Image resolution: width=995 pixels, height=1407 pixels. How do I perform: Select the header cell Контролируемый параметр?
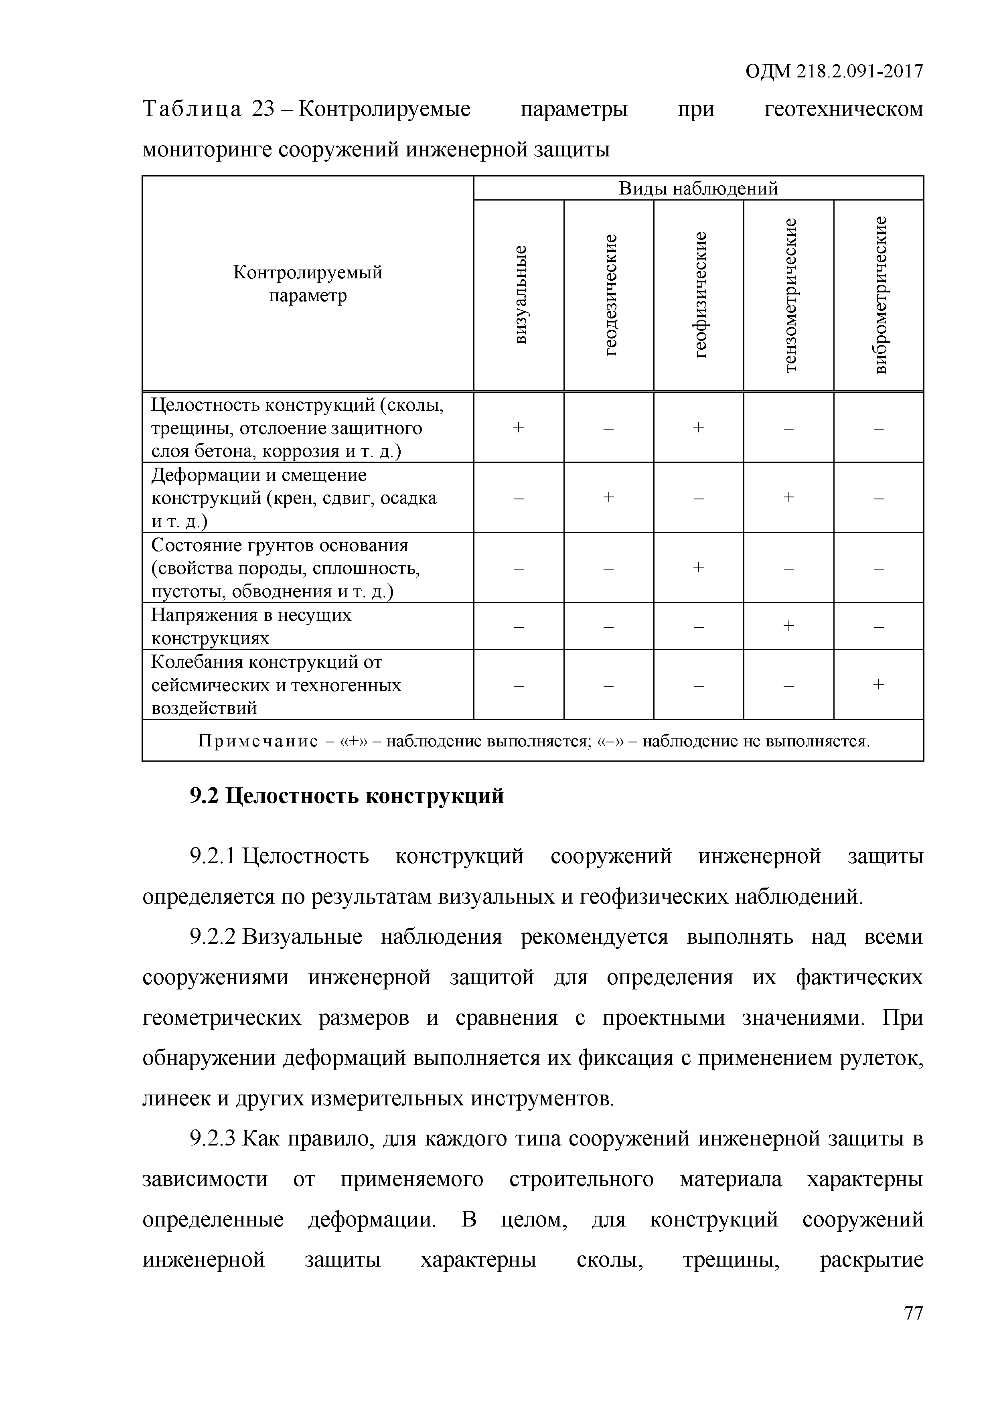pos(308,284)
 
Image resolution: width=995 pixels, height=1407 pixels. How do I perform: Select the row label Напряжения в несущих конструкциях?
pos(251,626)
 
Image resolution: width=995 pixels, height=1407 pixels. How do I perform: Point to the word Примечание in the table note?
pos(258,742)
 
